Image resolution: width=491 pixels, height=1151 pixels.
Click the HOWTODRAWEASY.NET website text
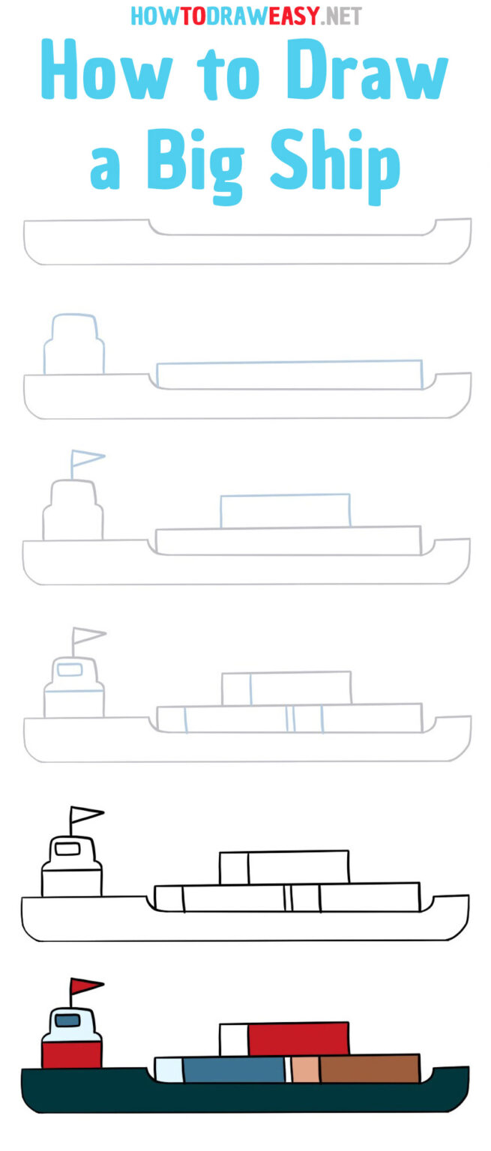pos(246,16)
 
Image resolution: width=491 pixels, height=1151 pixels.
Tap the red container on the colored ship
pos(298,1039)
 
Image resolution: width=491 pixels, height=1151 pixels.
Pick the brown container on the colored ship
pos(370,1069)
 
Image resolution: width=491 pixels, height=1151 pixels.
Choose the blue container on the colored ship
pos(233,1069)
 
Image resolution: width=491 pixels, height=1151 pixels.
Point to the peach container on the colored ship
pos(305,1069)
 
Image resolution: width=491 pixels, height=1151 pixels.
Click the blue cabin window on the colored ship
pos(67,1020)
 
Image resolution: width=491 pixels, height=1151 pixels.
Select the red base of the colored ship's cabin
pos(71,1054)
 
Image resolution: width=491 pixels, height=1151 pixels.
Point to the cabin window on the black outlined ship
pos(67,848)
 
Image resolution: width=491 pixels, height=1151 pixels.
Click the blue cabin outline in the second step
pos(73,344)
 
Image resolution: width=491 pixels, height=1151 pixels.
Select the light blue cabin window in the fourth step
pos(70,669)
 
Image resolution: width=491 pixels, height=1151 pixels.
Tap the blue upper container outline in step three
pos(285,511)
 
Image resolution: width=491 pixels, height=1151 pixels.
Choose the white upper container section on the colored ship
pos(233,1039)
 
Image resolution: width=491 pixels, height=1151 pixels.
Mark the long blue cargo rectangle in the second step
pos(289,375)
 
